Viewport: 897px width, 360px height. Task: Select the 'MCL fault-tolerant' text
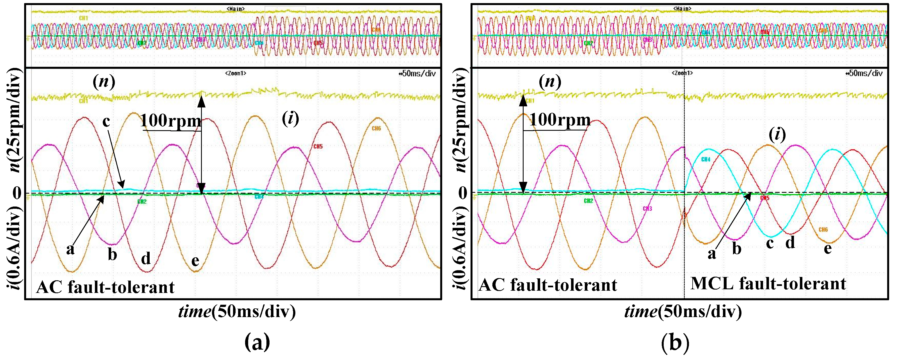pyautogui.click(x=768, y=283)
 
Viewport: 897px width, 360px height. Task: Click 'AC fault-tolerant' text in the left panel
pyautogui.click(x=105, y=287)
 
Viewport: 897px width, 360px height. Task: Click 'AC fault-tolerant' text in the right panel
pyautogui.click(x=548, y=285)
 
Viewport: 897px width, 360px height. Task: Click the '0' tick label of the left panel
pyautogui.click(x=17, y=192)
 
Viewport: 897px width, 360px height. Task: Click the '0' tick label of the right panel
pyautogui.click(x=463, y=192)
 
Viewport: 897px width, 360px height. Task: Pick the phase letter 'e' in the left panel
pyautogui.click(x=195, y=260)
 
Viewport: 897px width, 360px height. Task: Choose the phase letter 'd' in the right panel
pyautogui.click(x=790, y=242)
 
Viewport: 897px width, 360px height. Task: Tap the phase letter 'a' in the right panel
pyautogui.click(x=712, y=253)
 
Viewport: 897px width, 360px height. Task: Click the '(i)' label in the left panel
pyautogui.click(x=290, y=119)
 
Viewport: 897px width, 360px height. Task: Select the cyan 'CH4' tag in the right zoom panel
pyautogui.click(x=706, y=159)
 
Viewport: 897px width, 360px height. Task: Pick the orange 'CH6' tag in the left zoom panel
pyautogui.click(x=376, y=129)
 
